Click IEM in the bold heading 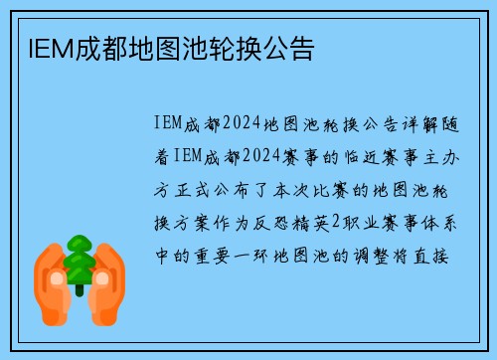[x=39, y=46]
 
